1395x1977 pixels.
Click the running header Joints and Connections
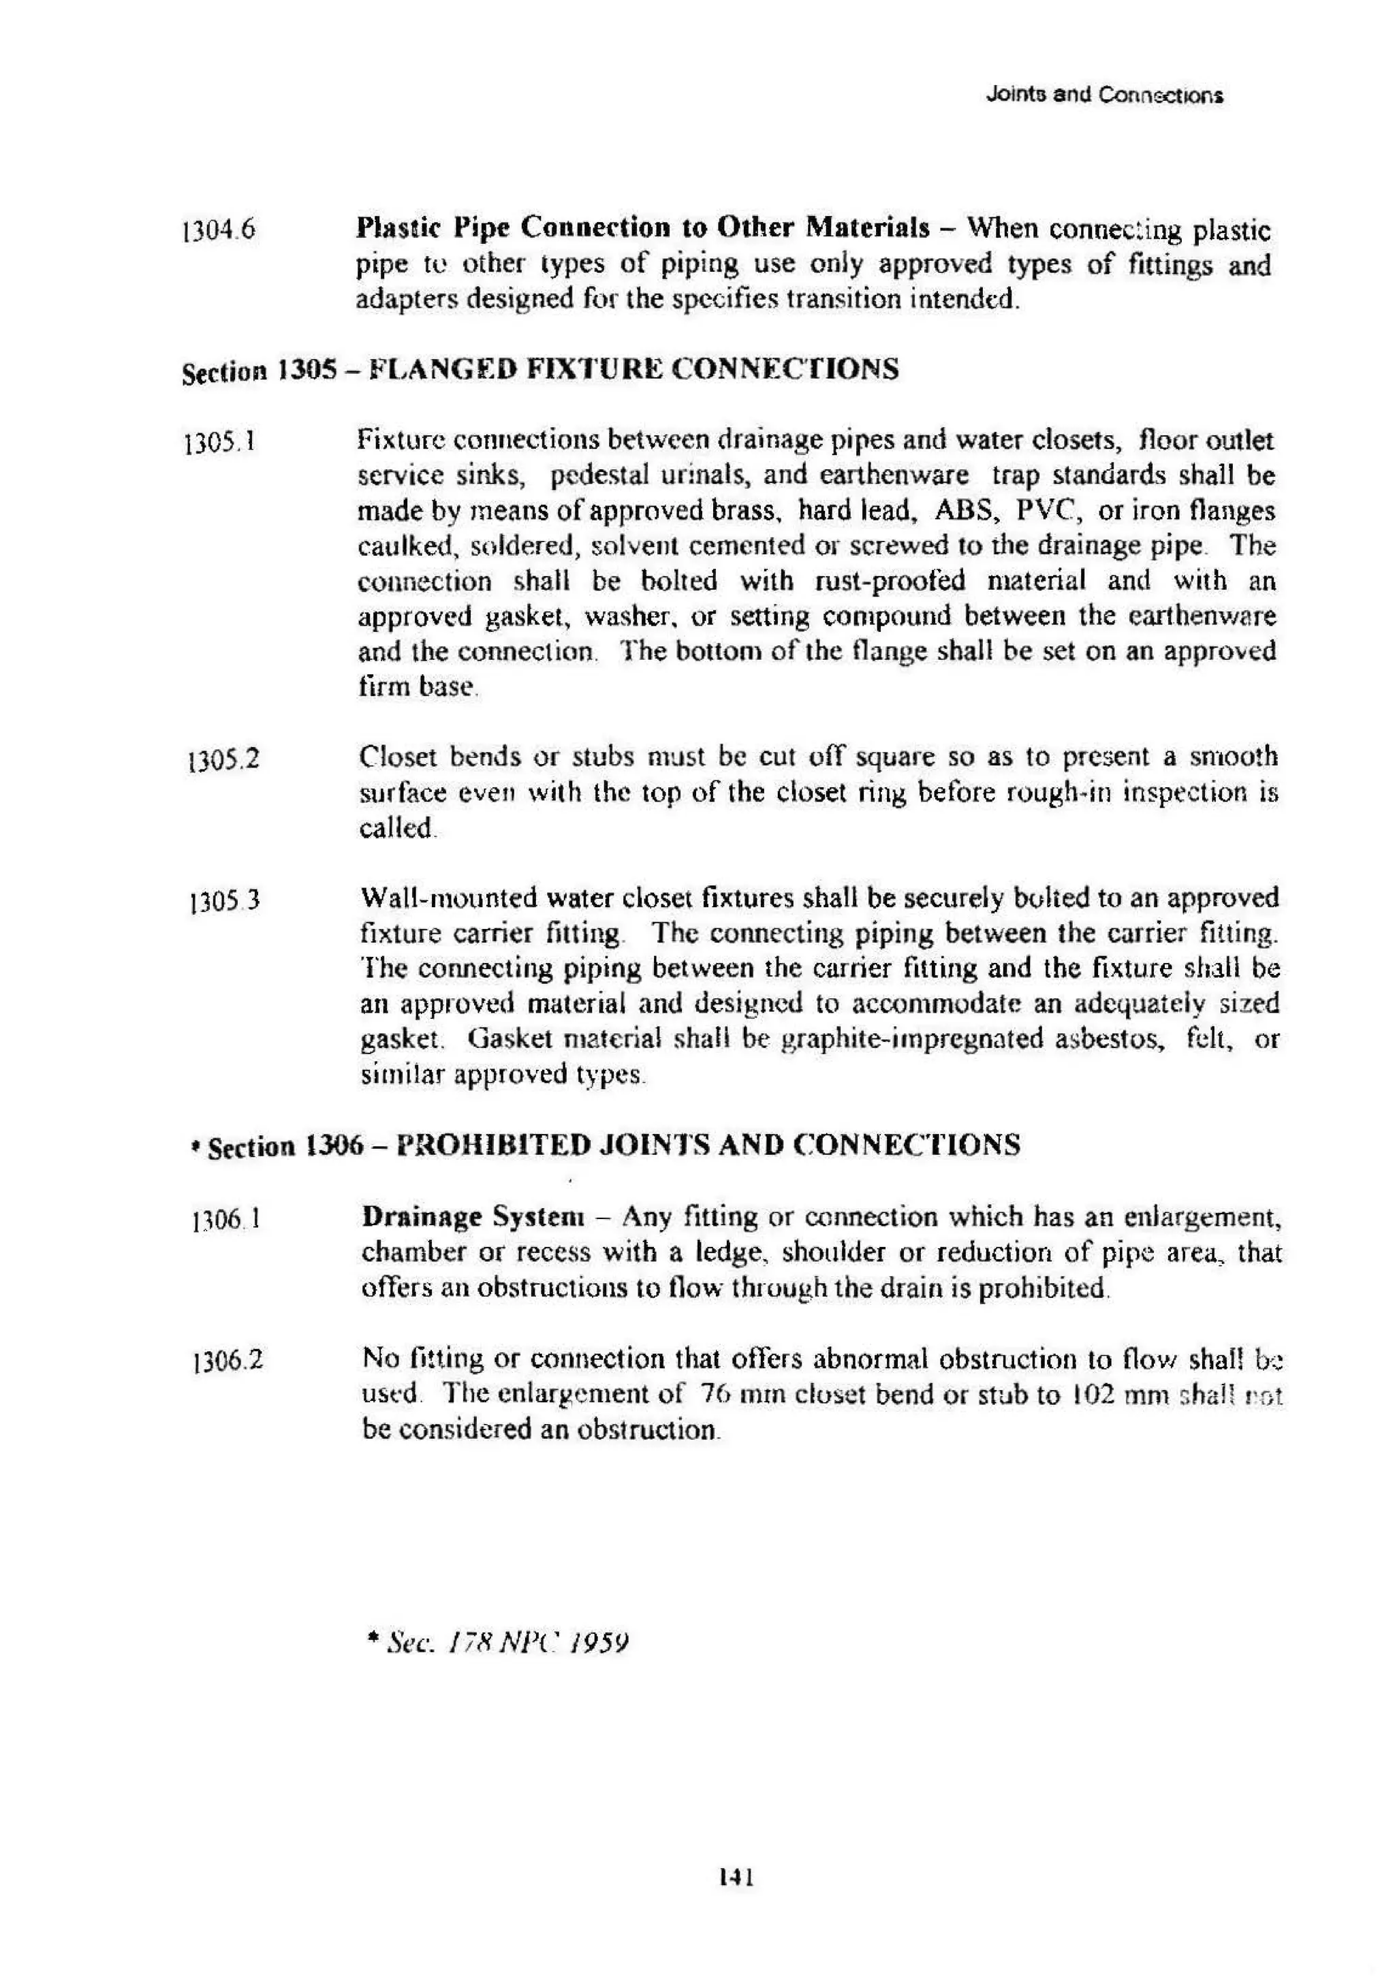pos(1104,95)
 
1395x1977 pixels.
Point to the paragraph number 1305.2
pos(223,760)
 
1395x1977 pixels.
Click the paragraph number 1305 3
pos(224,902)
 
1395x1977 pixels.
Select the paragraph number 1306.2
pos(228,1361)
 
